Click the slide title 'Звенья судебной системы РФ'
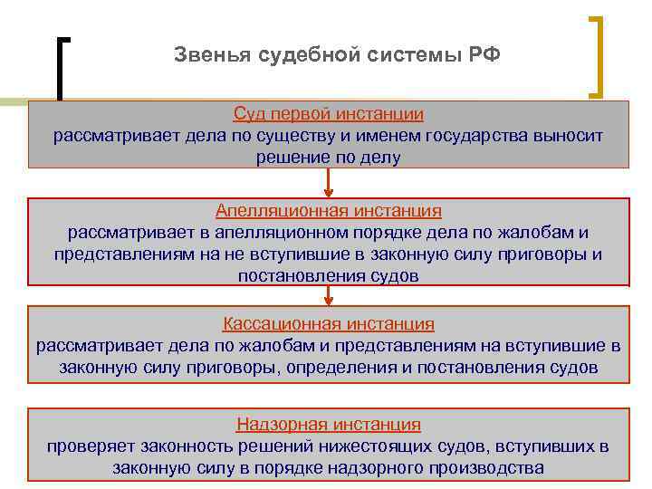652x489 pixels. pos(337,54)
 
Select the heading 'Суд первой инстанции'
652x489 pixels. pos(329,115)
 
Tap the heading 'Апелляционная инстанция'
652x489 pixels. pos(329,211)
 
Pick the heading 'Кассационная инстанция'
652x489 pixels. pos(329,323)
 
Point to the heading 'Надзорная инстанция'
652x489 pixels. pos(329,424)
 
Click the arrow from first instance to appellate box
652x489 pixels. pos(329,183)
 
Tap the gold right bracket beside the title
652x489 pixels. pos(598,54)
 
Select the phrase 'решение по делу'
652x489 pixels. pos(328,158)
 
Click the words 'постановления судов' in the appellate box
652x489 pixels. pos(328,277)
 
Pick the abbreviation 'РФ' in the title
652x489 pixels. pos(484,54)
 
